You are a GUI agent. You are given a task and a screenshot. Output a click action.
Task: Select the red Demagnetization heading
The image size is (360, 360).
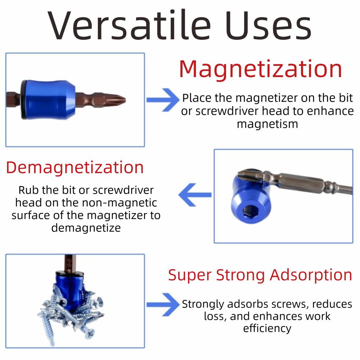[75, 167]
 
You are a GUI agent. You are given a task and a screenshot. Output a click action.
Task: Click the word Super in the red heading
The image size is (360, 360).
[190, 275]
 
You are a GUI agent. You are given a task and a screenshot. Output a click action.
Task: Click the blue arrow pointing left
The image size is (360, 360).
[195, 195]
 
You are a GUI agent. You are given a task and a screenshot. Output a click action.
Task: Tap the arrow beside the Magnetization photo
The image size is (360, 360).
[163, 99]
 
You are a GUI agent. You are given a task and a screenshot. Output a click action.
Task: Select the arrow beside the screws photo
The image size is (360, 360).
[163, 304]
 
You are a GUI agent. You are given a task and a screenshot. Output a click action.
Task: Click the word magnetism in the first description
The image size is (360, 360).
[267, 124]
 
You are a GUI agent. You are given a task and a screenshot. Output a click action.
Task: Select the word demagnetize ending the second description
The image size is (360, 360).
[86, 228]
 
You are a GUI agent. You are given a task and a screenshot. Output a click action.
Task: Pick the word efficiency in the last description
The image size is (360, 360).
[267, 328]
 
